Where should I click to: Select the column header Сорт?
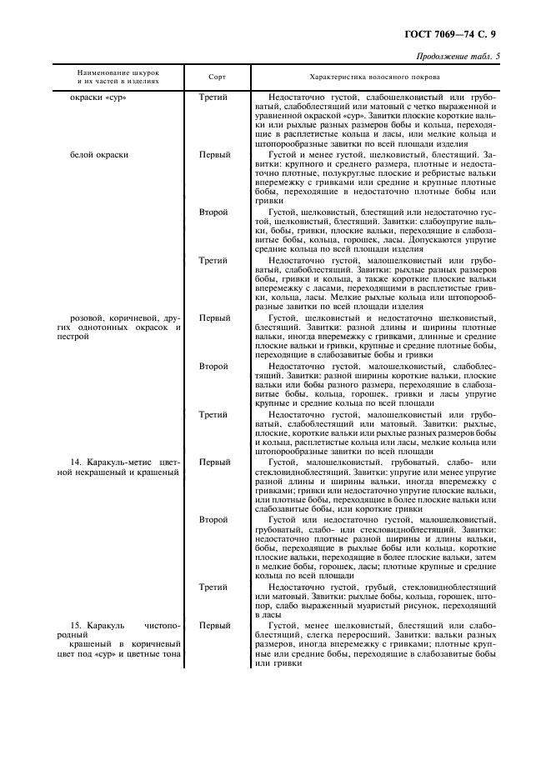(216, 76)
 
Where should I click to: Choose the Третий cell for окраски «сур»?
(214, 97)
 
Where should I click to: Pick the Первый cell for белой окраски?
(215, 155)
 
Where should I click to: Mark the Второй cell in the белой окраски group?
(213, 212)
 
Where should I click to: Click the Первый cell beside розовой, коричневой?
(215, 317)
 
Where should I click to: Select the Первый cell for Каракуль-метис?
(215, 461)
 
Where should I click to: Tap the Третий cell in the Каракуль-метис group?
(214, 587)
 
